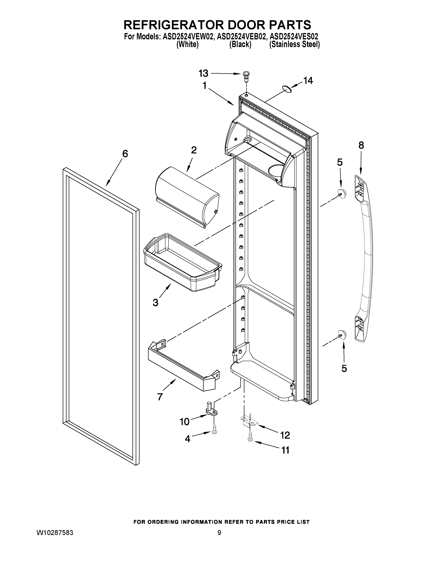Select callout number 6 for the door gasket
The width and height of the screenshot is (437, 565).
tap(125, 154)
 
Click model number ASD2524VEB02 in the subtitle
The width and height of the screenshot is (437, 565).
tap(241, 37)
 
